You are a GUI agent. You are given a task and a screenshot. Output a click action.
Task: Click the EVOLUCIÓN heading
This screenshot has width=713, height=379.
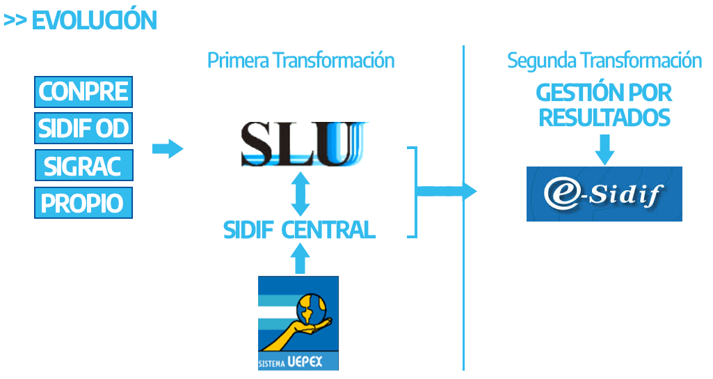pos(94,21)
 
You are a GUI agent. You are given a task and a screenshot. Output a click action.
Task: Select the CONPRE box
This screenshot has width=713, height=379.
pos(83,91)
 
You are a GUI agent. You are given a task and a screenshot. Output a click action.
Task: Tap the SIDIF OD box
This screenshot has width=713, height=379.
pos(83,129)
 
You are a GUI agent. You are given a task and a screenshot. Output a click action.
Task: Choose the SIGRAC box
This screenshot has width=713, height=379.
pos(83,167)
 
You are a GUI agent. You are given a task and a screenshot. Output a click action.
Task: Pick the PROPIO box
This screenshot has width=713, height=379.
pos(83,203)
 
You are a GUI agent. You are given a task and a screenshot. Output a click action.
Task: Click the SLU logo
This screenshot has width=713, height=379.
pos(303,144)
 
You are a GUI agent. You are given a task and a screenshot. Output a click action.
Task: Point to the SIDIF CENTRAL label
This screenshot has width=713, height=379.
pos(300,230)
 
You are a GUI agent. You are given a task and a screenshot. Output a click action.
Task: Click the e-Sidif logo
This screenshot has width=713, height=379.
pos(604,194)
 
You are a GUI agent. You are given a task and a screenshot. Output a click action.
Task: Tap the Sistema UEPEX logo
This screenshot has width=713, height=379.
pos(298,323)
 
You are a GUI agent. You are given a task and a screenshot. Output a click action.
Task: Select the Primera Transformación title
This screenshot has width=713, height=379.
pos(301,61)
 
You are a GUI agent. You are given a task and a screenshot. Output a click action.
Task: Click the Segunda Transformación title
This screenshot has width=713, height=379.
pos(604,61)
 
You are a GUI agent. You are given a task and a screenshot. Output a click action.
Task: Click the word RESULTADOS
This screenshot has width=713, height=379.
pos(604,117)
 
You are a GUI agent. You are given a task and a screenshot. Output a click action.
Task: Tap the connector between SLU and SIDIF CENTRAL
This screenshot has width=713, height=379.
pos(300,194)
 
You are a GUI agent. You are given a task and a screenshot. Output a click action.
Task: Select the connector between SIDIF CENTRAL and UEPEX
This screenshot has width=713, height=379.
pos(299,258)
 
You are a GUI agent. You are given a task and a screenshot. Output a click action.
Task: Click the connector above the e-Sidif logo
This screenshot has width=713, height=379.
pos(604,150)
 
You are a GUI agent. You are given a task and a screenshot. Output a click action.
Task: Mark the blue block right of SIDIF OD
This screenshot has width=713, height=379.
pos(168,148)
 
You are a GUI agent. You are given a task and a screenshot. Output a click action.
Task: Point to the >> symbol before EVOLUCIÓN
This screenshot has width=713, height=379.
pos(15,21)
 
